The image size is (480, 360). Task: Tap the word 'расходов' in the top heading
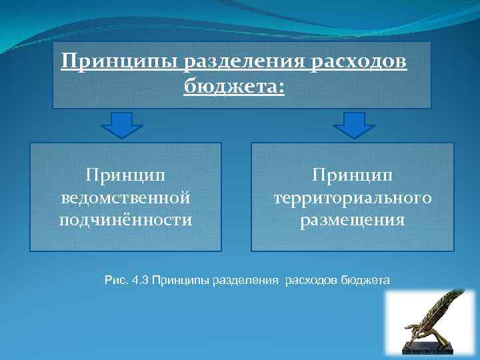[x=361, y=63]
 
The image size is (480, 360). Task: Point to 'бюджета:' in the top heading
[x=234, y=87]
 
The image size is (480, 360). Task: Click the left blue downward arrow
[x=121, y=124]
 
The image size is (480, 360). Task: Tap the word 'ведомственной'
[x=126, y=198]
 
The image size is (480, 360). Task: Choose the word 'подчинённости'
[x=126, y=219]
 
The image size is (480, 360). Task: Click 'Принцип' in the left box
[x=126, y=176]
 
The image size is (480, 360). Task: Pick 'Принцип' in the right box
[x=353, y=176]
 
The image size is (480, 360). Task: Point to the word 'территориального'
[x=353, y=198]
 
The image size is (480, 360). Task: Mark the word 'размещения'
[x=353, y=219]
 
